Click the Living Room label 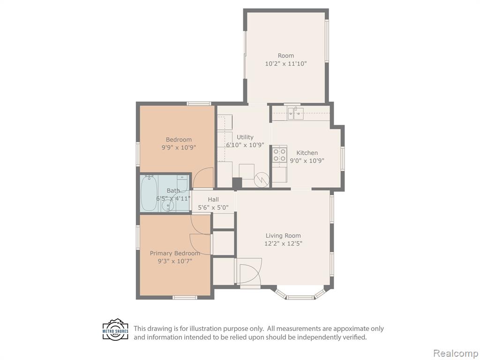283,235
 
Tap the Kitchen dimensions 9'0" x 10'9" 307,160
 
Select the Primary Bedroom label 175,253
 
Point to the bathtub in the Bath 149,193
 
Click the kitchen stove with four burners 280,155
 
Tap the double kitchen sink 295,113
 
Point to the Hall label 213,199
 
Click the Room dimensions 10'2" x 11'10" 286,64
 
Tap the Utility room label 245,137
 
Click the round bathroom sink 167,206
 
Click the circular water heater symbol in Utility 262,179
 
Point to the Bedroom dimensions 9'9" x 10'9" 179,147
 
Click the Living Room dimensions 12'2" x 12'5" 283,244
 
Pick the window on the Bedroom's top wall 199,104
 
